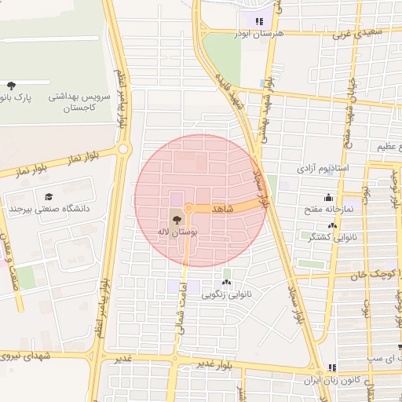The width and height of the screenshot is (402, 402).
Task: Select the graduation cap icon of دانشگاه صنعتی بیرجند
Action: click(x=49, y=197)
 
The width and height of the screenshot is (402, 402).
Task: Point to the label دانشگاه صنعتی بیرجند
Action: click(x=49, y=210)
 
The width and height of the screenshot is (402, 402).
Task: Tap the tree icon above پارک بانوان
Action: click(x=11, y=85)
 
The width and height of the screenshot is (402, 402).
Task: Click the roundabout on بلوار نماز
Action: click(x=123, y=149)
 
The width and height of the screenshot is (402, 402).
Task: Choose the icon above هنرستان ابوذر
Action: click(x=258, y=21)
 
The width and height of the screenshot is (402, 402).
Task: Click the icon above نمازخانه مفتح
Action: click(x=327, y=198)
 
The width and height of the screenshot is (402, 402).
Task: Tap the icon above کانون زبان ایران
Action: click(x=332, y=367)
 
